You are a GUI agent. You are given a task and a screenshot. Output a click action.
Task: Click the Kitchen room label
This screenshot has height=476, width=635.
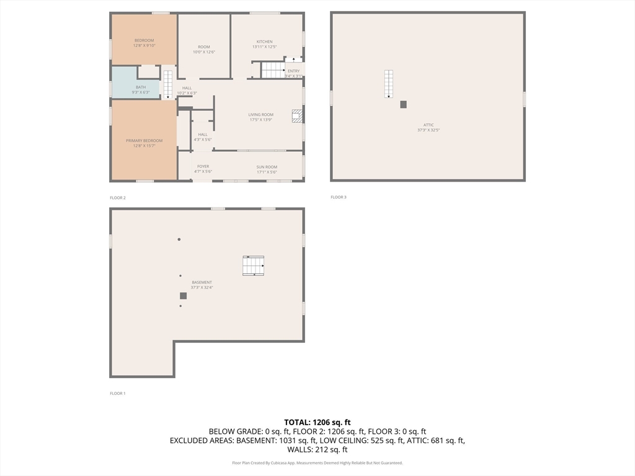264,42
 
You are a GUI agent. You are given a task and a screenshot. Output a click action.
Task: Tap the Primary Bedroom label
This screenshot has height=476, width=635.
144,141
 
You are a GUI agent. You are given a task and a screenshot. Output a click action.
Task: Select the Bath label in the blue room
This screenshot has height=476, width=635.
141,87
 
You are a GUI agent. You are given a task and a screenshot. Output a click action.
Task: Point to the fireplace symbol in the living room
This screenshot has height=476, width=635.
297,115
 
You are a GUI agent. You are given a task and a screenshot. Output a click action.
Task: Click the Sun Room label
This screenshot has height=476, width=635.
267,167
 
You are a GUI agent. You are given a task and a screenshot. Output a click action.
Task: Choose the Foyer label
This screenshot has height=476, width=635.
203,166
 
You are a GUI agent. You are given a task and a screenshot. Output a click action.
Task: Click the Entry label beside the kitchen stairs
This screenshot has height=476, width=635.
293,71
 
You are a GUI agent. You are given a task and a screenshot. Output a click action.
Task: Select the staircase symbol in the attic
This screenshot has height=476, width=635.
388,84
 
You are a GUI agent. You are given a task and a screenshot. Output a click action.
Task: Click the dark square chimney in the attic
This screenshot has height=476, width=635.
403,105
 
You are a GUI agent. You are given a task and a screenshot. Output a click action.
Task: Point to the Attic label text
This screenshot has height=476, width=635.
429,125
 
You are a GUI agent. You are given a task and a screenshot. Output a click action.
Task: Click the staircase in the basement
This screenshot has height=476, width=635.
253,265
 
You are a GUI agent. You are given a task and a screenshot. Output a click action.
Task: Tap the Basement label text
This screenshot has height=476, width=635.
202,282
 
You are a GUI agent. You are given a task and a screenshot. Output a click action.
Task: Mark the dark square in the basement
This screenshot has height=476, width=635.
183,296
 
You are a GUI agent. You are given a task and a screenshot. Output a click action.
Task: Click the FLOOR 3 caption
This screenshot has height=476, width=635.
339,197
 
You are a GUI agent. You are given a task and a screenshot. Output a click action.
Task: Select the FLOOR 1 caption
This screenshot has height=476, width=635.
117,394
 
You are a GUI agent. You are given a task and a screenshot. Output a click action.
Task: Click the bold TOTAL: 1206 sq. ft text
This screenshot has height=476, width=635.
317,422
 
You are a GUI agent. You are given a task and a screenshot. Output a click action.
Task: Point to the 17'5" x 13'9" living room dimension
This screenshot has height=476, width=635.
261,120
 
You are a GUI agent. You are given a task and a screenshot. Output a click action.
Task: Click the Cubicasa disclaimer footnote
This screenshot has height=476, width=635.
317,463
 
